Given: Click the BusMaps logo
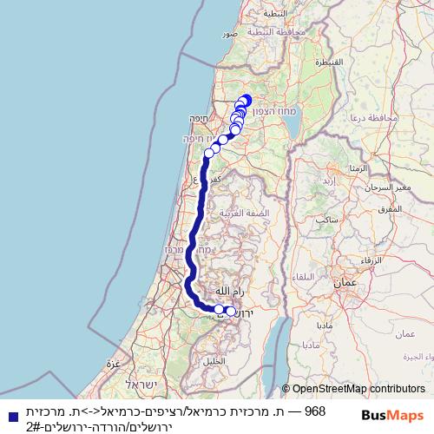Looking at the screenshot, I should tap(394, 416).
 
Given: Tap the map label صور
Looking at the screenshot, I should tap(229, 33).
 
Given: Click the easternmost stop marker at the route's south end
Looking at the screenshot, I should tap(230, 311).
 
